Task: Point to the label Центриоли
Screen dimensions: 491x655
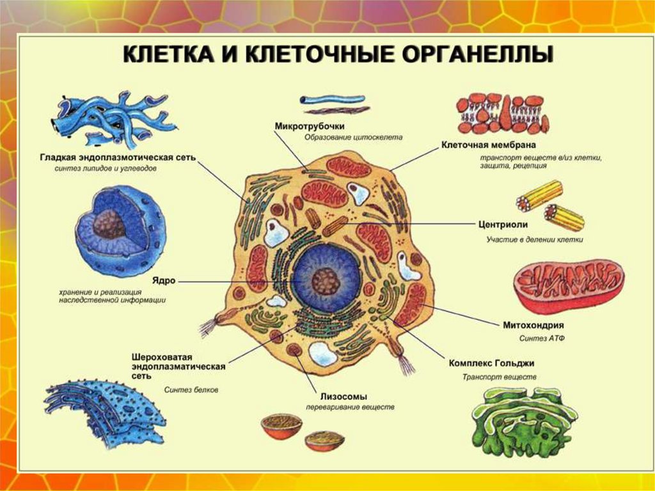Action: point(503,225)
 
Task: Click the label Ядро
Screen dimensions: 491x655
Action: point(164,280)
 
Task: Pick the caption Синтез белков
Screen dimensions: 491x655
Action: point(191,389)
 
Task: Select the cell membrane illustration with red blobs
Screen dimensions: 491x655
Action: point(503,111)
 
